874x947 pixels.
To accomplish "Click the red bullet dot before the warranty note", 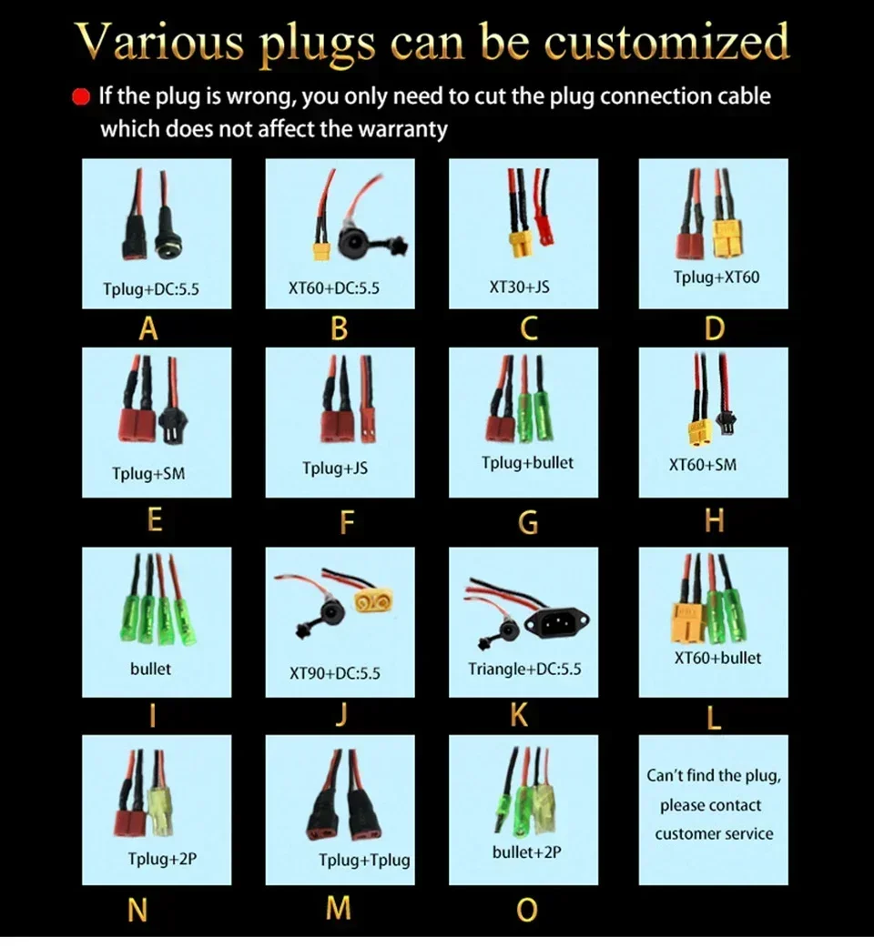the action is coord(80,97).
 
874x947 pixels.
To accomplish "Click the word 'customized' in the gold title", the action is coord(666,42).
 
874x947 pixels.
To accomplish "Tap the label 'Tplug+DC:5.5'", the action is coord(150,288).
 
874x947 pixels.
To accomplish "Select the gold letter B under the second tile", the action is coord(339,329).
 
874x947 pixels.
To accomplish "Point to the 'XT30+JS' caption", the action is coord(519,287).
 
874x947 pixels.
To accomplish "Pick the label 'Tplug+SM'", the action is coord(148,473).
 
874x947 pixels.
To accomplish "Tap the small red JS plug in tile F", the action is coord(366,427).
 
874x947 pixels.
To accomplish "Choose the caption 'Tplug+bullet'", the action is coord(527,463).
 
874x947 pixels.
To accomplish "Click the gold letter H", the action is coord(714,520).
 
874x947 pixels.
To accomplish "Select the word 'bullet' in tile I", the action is coord(150,669).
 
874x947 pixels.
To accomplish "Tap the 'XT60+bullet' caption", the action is coord(717,658).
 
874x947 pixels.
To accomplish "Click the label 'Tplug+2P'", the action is coord(162,858).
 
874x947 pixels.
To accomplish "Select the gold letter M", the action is coord(339,908).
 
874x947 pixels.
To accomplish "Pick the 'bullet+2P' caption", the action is coord(526,852).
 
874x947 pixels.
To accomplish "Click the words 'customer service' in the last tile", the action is coord(714,833).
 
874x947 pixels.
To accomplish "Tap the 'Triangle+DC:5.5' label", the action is coord(524,669).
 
